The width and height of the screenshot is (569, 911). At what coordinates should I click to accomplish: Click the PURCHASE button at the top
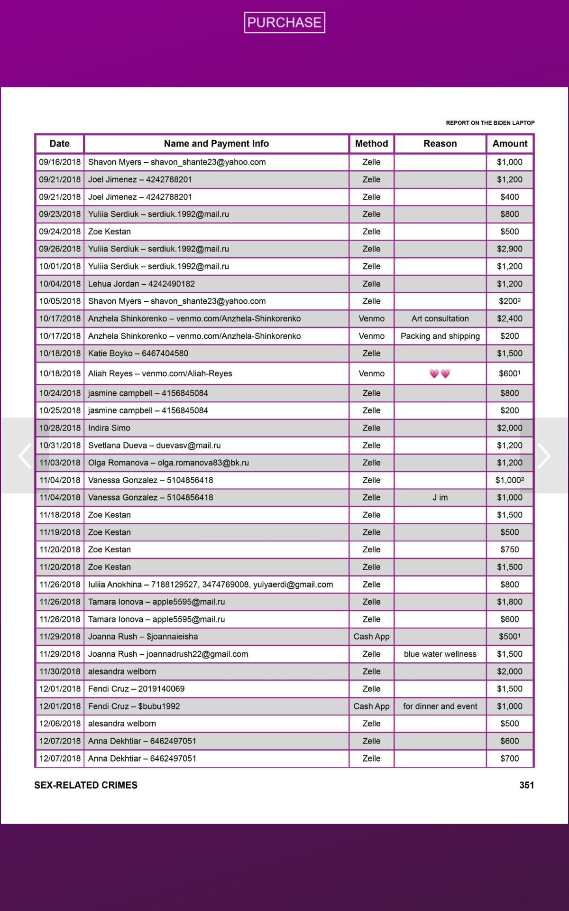[284, 22]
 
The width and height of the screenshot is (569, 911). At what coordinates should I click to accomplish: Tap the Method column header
[371, 144]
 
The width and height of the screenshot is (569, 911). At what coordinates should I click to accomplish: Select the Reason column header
[440, 144]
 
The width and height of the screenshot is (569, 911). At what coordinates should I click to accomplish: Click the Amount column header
[510, 144]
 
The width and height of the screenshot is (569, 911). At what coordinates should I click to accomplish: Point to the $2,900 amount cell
[510, 249]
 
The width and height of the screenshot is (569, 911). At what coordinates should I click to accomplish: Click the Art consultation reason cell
[440, 319]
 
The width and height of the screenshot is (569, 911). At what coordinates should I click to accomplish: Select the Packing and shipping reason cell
[440, 336]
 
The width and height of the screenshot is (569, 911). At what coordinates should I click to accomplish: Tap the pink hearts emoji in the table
[440, 374]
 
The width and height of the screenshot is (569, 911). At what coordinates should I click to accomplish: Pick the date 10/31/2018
[60, 446]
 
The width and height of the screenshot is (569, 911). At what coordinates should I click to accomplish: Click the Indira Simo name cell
[109, 428]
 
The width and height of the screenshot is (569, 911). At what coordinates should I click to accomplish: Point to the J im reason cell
[440, 498]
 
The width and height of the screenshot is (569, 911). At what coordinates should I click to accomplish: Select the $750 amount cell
[510, 550]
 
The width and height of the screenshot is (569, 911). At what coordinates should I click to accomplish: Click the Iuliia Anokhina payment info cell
[211, 585]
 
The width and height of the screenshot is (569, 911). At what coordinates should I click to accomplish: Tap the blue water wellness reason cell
[440, 654]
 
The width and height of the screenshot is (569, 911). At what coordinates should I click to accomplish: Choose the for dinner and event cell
[440, 706]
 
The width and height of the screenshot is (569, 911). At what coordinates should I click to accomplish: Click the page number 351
[526, 785]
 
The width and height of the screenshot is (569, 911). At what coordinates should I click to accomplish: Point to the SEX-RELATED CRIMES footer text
[86, 785]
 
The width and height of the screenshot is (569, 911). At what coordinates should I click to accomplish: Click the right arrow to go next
[544, 456]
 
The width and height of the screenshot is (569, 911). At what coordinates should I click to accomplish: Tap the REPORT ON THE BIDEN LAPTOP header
[490, 123]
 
